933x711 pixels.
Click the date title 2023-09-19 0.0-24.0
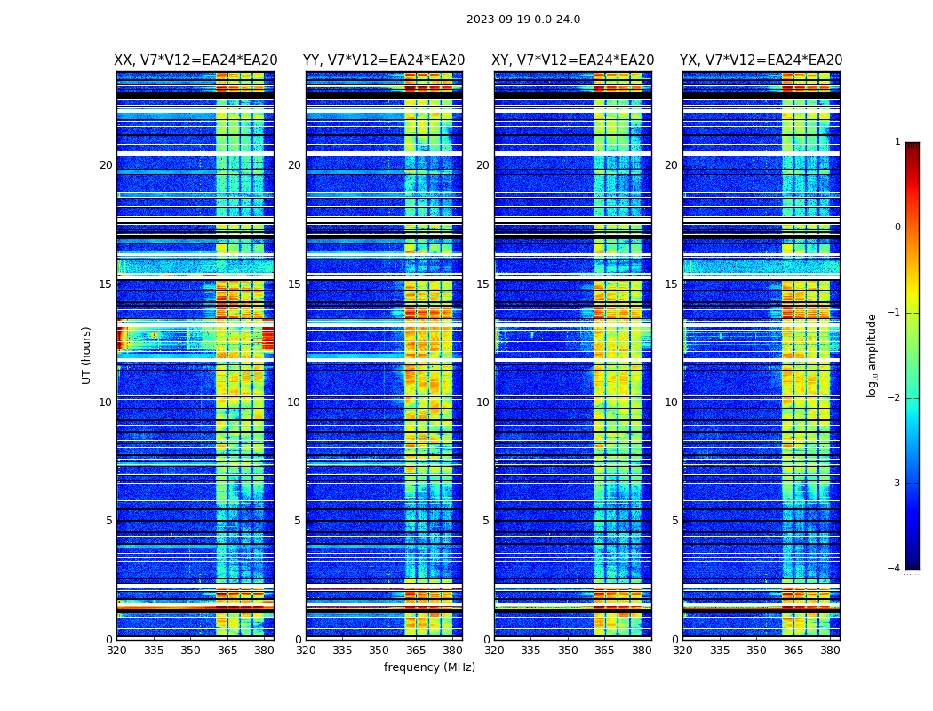click(523, 20)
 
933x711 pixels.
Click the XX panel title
click(195, 60)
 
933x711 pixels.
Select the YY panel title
click(384, 60)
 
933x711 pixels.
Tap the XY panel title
click(573, 60)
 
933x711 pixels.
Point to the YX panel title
click(762, 60)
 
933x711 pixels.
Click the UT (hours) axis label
click(87, 355)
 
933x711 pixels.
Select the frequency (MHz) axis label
click(429, 667)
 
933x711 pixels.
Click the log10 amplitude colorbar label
click(873, 355)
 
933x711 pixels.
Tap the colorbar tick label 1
click(897, 142)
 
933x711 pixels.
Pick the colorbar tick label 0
click(897, 228)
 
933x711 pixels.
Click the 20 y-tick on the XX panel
click(106, 165)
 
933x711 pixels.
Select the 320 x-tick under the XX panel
click(116, 651)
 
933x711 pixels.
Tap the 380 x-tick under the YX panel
click(830, 651)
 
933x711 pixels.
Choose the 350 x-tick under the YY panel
click(379, 651)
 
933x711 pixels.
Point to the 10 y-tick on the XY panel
click(482, 403)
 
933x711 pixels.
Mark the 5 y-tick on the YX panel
click(674, 521)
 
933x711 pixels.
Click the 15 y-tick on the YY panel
click(294, 284)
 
